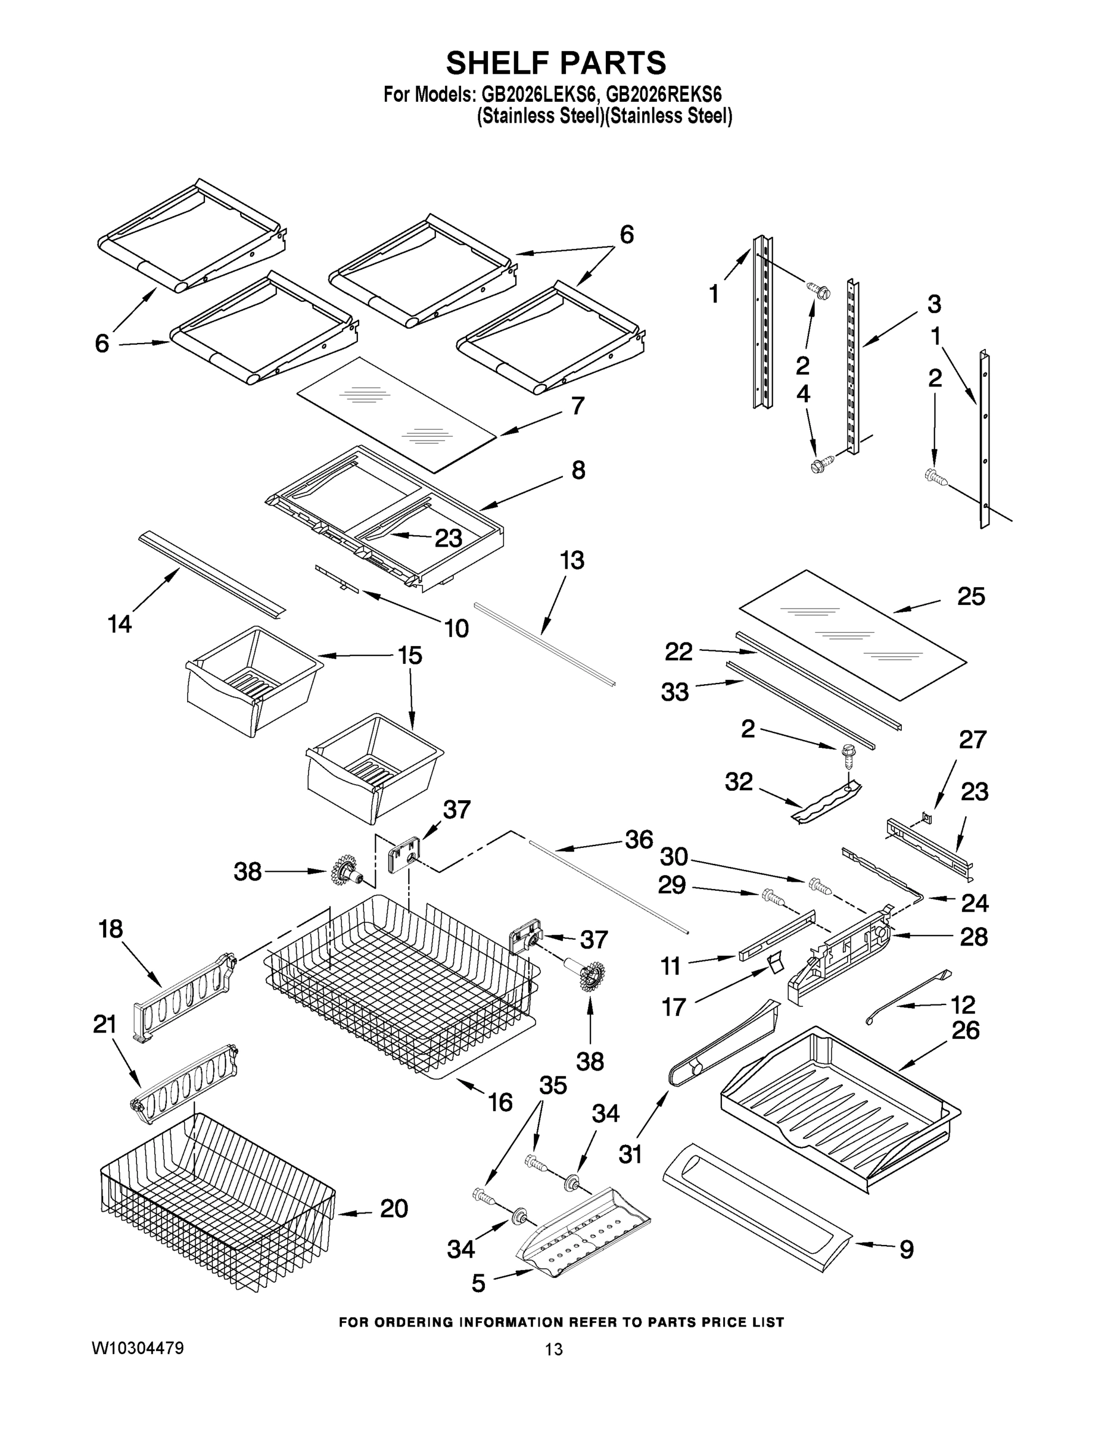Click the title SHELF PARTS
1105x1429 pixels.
click(x=556, y=64)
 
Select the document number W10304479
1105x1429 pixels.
click(x=138, y=1348)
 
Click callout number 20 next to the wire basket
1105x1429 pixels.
click(x=394, y=1209)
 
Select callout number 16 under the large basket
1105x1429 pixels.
click(x=500, y=1103)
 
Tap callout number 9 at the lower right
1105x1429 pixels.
click(x=906, y=1250)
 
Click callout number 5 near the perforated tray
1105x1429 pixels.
click(x=478, y=1284)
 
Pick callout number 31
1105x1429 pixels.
click(x=630, y=1155)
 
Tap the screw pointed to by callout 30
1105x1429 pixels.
click(x=820, y=885)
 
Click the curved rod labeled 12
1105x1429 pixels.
click(x=907, y=997)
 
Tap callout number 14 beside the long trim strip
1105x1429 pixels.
click(x=120, y=623)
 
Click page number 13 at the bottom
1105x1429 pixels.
click(x=554, y=1349)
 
